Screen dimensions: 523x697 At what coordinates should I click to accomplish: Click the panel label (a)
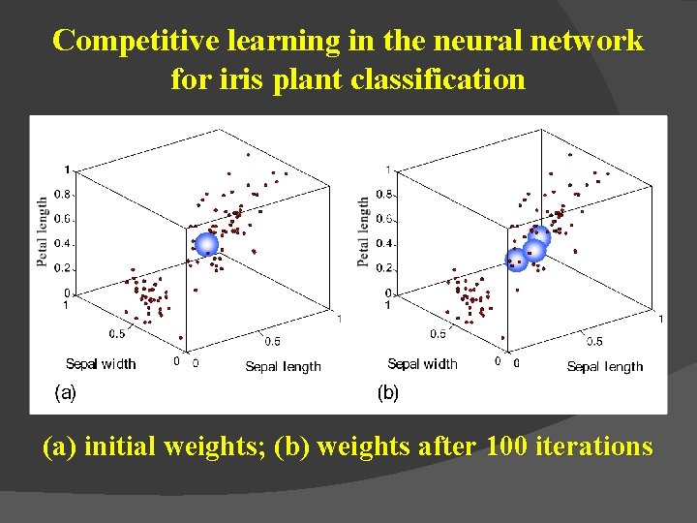pyautogui.click(x=65, y=392)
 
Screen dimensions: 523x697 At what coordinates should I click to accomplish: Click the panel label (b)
pyautogui.click(x=387, y=393)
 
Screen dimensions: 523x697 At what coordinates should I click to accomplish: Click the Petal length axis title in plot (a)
pyautogui.click(x=43, y=233)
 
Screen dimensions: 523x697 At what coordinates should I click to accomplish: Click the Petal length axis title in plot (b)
pyautogui.click(x=363, y=232)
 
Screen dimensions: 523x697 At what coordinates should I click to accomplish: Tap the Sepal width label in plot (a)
pyautogui.click(x=101, y=364)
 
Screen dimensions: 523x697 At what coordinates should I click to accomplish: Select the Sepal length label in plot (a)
pyautogui.click(x=283, y=366)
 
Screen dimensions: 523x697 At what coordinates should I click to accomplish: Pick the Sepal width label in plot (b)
pyautogui.click(x=422, y=364)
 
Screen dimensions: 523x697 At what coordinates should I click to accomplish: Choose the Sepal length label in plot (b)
pyautogui.click(x=605, y=366)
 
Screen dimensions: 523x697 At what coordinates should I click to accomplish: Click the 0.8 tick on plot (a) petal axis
pyautogui.click(x=61, y=195)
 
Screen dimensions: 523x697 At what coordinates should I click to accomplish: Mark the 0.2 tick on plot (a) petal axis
pyautogui.click(x=61, y=268)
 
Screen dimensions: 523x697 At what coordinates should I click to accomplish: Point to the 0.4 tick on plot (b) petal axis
pyautogui.click(x=383, y=244)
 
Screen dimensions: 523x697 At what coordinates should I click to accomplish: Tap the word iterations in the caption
pyautogui.click(x=597, y=447)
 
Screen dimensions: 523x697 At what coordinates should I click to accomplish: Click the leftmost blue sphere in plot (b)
pyautogui.click(x=517, y=259)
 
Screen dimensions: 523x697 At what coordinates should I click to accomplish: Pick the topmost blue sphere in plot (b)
pyautogui.click(x=539, y=236)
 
